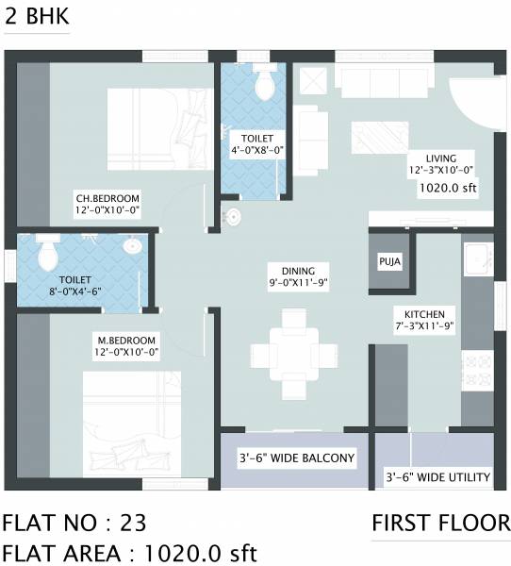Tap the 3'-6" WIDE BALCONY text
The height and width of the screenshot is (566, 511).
point(295,459)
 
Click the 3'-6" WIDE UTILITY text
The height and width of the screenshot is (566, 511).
point(437,477)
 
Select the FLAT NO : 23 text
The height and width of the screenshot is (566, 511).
point(74,524)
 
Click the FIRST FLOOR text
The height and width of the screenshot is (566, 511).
point(440,524)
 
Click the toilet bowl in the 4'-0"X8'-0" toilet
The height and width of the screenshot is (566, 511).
point(264,84)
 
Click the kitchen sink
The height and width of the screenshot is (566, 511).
point(475,257)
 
